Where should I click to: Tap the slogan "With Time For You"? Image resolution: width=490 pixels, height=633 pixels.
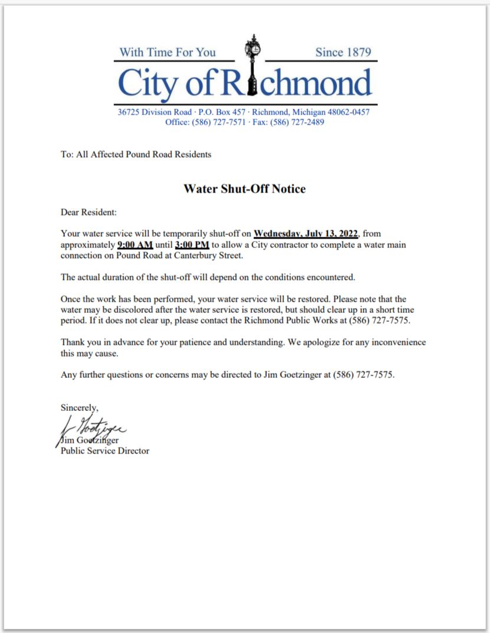(167, 52)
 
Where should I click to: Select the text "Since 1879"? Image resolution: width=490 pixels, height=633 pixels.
(343, 52)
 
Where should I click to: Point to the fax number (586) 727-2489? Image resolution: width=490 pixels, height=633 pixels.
(297, 122)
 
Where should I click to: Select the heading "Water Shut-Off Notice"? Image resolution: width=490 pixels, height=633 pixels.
(244, 189)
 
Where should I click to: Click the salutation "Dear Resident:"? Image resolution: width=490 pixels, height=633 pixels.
(89, 211)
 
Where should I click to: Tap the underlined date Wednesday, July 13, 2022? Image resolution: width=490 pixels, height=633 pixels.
(306, 234)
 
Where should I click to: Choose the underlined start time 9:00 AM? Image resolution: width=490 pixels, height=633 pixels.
(135, 244)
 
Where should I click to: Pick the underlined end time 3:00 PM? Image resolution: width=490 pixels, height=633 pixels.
(192, 244)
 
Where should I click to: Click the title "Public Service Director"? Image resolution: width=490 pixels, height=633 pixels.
(105, 451)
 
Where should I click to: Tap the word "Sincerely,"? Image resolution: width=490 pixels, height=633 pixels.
(80, 407)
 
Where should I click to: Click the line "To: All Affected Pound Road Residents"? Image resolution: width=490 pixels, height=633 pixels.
(136, 155)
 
